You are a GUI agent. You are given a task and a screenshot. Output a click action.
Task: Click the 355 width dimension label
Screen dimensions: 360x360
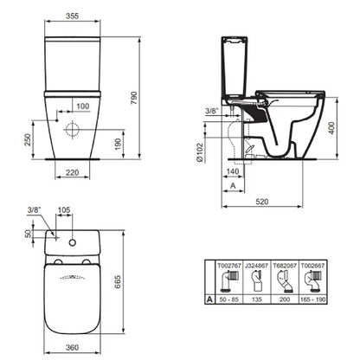coord(72,16)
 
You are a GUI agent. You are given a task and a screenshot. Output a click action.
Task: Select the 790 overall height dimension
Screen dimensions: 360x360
coord(134,98)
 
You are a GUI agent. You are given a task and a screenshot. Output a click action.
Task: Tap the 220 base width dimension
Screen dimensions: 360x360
coord(72,172)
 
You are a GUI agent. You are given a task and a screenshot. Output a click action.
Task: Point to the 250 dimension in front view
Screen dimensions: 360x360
coord(28,139)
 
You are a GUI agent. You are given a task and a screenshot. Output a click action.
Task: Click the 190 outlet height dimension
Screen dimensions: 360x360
coord(118,145)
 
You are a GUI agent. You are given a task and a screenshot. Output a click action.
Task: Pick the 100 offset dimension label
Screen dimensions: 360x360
coord(83,106)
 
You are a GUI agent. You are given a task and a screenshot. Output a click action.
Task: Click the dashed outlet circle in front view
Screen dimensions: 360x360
coord(73,129)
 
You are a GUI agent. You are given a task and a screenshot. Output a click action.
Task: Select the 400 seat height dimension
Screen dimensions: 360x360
coord(331,128)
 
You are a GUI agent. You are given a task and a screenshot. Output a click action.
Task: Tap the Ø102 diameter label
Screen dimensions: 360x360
coord(200,152)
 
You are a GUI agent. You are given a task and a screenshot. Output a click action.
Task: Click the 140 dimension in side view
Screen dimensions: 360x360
coord(233,171)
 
